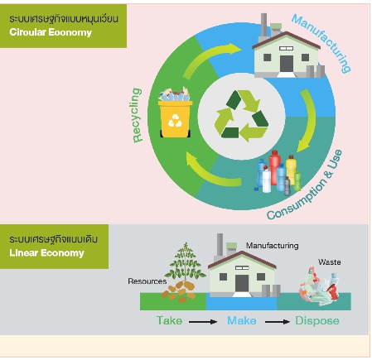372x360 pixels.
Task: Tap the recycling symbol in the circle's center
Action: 241,116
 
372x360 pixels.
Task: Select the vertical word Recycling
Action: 138,115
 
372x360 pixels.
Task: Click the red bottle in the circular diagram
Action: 274,167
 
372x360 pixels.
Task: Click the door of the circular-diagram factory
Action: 287,64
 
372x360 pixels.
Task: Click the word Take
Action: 169,320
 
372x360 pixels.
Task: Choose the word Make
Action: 242,320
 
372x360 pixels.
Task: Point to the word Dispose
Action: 317,321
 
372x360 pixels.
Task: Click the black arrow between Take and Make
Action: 203,322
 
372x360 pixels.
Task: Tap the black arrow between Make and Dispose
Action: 278,322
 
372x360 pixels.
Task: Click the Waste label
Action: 329,262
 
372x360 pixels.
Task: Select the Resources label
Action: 147,281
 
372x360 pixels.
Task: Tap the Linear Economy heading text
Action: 46,252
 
